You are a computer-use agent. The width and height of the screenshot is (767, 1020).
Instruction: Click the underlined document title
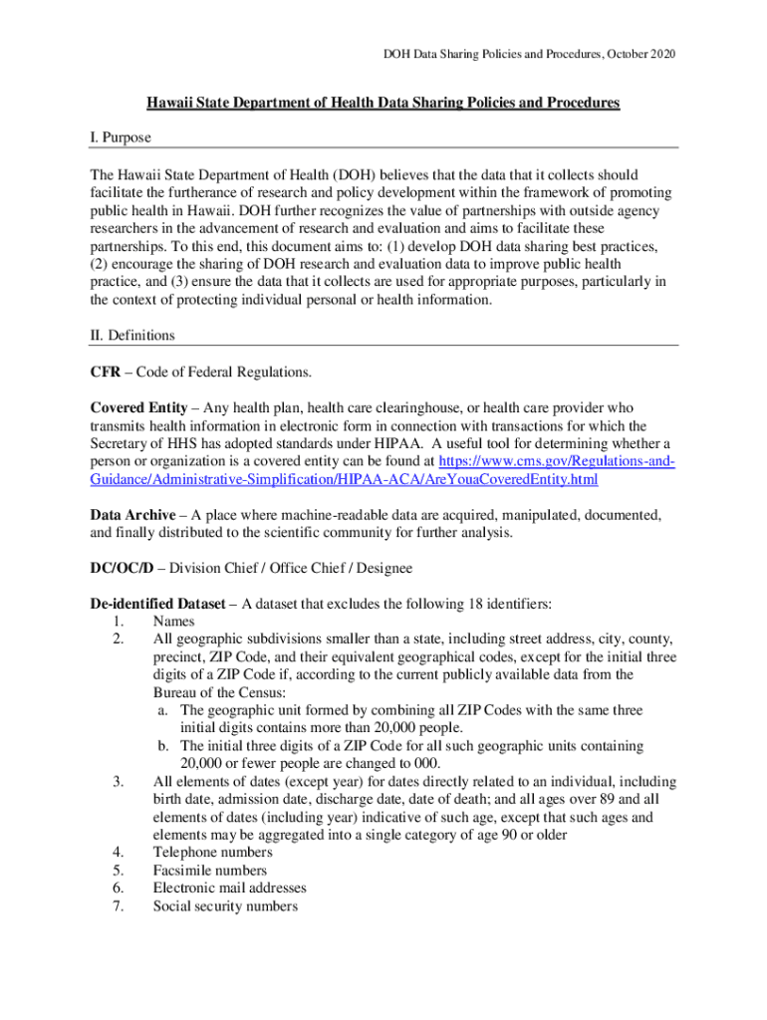[383, 103]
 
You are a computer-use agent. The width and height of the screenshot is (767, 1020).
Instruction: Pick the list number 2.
[119, 638]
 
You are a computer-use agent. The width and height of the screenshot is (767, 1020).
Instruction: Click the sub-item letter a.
[162, 710]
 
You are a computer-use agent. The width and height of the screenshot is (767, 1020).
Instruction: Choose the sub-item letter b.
[162, 746]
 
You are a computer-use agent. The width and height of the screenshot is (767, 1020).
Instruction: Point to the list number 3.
[119, 782]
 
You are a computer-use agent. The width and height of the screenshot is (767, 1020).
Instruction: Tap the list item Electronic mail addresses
[229, 889]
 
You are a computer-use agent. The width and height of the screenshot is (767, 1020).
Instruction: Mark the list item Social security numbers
[225, 906]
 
